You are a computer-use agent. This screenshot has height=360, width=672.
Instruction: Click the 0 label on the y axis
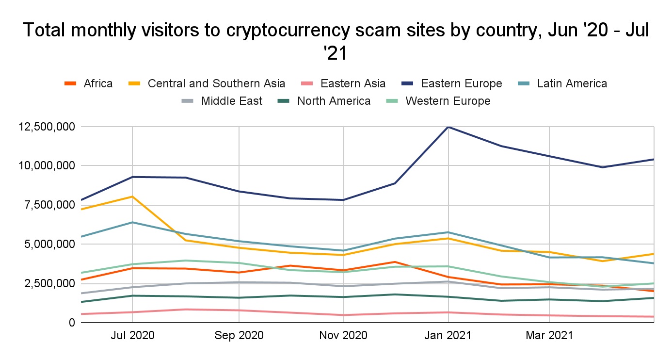[x=71, y=323]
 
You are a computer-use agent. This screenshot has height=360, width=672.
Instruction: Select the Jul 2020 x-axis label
[x=132, y=335]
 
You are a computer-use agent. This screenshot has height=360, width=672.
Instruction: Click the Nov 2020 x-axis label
[x=343, y=335]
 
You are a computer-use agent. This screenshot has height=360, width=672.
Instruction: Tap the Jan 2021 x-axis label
[x=448, y=335]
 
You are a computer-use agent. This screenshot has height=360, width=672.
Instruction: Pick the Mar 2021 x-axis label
[x=549, y=335]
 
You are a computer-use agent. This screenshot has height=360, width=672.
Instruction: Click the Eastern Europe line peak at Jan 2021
[x=448, y=127]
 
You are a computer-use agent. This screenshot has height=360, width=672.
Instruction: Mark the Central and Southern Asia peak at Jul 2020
[x=132, y=196]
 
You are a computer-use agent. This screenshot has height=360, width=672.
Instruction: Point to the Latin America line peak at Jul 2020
[x=132, y=222]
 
